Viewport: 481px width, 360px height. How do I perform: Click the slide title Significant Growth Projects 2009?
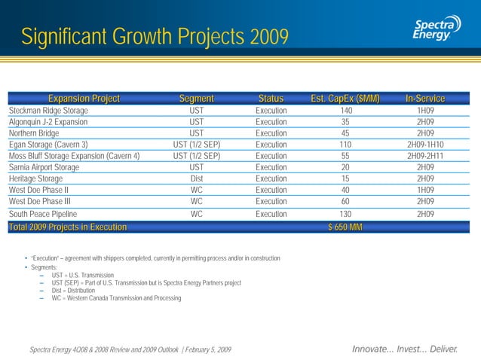click(155, 36)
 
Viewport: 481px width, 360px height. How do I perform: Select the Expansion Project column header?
click(84, 99)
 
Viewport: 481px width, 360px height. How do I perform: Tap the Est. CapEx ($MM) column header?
click(345, 99)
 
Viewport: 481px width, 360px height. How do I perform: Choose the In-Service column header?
click(424, 99)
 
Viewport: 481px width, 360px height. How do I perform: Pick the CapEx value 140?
click(345, 111)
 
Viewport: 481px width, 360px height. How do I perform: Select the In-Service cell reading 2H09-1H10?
click(425, 145)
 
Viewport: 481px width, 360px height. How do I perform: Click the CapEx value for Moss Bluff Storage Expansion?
click(345, 156)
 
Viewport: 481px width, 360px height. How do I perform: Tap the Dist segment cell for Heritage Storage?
click(196, 178)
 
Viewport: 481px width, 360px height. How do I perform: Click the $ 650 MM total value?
click(345, 227)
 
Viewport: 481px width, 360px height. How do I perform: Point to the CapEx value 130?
click(345, 214)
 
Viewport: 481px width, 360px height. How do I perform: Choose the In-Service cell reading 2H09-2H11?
click(425, 156)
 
